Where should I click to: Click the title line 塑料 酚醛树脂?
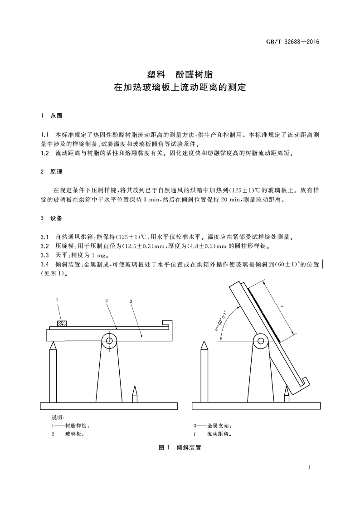point(180,74)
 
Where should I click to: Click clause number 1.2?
point(44,153)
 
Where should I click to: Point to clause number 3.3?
point(44,255)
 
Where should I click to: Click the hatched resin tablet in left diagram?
point(61,324)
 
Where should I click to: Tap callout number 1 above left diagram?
point(57,300)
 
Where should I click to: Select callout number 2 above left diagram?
point(106,301)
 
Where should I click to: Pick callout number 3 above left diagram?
point(131,301)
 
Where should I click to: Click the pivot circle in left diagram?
point(108,341)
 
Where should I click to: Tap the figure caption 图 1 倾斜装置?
point(180,448)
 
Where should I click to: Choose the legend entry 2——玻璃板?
point(68,434)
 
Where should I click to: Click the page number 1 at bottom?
point(309,467)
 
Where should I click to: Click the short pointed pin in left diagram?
point(135,393)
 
